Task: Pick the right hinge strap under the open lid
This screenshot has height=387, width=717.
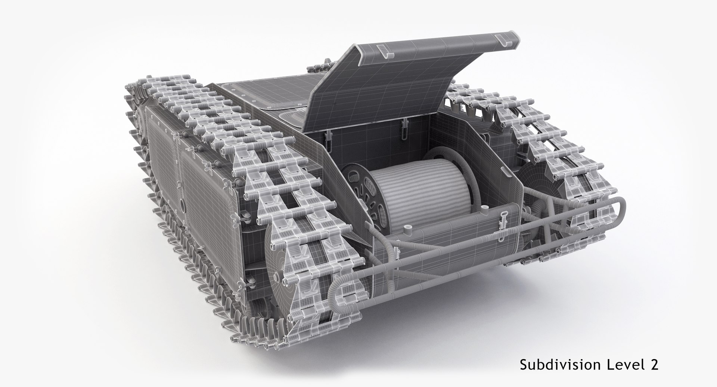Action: [404, 126]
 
